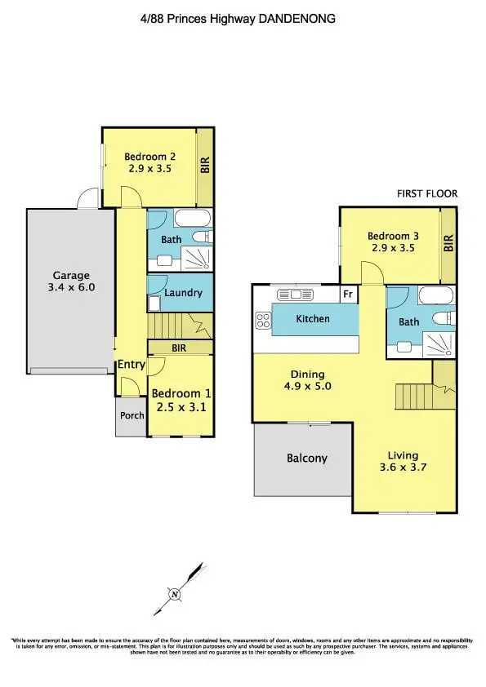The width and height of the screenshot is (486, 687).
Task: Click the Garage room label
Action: (72, 276)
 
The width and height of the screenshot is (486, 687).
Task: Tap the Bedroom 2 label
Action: (149, 157)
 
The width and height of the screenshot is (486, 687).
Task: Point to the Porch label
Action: (132, 415)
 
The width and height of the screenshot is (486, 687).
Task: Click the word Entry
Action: (131, 364)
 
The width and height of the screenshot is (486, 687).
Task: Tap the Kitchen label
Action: (313, 318)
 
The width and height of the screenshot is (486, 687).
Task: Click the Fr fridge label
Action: (347, 294)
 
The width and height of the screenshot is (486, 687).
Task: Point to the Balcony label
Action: (307, 459)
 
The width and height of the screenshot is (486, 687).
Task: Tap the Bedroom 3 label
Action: (389, 236)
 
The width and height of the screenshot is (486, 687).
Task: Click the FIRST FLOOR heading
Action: (427, 194)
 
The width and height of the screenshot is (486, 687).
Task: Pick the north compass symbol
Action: (174, 595)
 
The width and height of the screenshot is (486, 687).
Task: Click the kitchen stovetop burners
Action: (264, 321)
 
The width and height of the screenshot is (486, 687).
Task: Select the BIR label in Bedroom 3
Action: (448, 243)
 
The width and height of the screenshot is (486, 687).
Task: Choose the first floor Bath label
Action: (408, 322)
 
